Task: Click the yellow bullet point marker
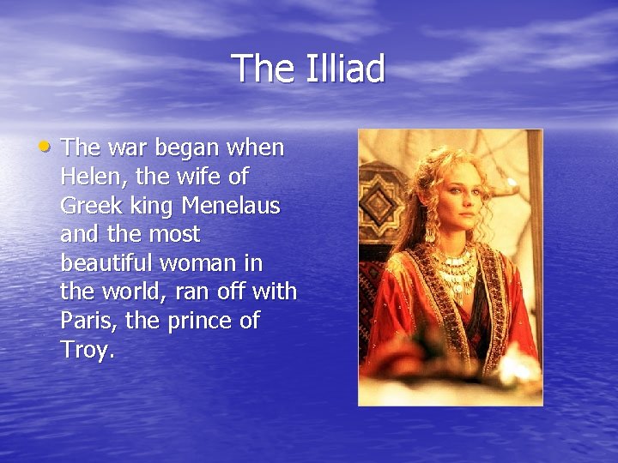point(45,147)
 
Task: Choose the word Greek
point(89,206)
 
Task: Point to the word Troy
point(85,350)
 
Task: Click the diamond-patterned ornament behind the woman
point(380,202)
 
